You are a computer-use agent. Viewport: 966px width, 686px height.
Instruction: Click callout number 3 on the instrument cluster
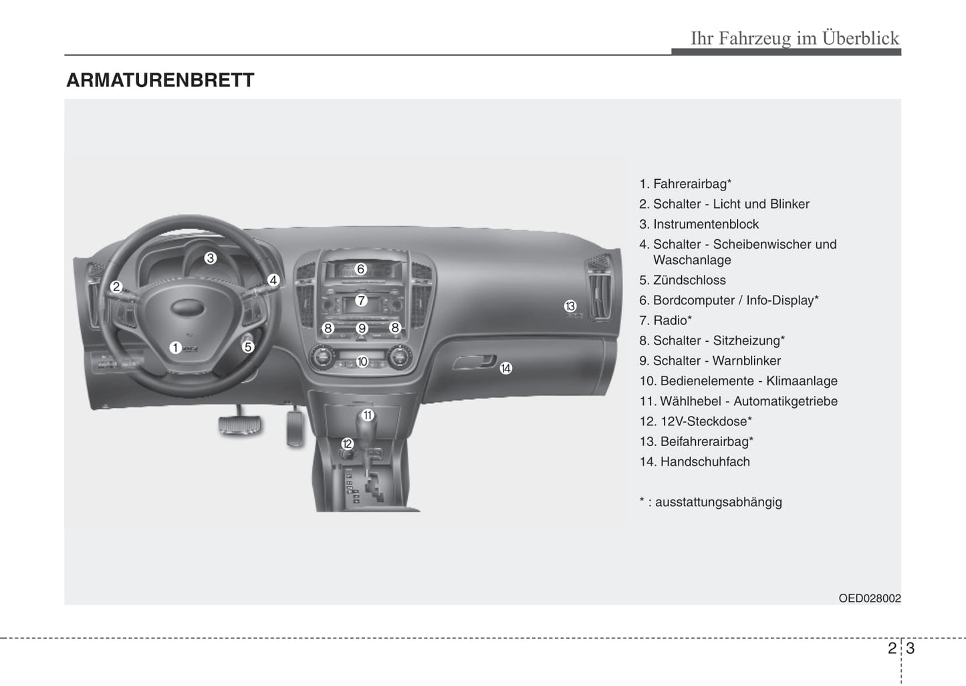pos(211,258)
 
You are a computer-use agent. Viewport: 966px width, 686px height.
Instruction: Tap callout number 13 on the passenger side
pos(570,306)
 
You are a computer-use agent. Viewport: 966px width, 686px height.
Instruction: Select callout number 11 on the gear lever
pos(368,415)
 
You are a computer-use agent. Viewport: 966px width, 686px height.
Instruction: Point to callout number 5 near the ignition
pos(247,346)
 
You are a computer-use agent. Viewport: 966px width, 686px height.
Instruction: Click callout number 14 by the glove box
pos(506,368)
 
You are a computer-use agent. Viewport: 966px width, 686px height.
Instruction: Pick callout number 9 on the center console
pos(362,328)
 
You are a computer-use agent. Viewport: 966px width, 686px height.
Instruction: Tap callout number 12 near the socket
pos(347,443)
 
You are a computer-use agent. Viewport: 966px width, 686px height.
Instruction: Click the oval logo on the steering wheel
pos(187,307)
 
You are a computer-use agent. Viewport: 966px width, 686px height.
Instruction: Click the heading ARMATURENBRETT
pos(160,80)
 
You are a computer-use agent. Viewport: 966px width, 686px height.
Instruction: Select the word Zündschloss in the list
pos(689,280)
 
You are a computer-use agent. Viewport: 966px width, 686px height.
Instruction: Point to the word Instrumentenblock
pos(705,224)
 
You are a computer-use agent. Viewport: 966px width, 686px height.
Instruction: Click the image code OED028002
pos(869,598)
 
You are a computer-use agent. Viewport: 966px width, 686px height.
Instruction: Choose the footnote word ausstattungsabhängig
pos(718,502)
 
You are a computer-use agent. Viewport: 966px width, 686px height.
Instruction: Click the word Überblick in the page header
pos(860,38)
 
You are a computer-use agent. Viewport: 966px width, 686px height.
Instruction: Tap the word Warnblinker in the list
pos(753,360)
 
